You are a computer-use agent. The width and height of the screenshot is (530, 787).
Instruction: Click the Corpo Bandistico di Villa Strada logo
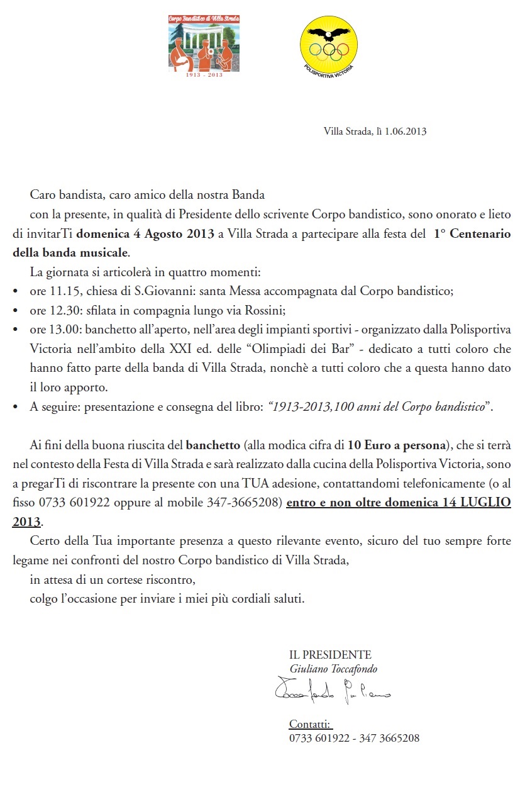coord(204,43)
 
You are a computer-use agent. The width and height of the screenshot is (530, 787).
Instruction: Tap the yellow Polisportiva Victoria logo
coord(328,44)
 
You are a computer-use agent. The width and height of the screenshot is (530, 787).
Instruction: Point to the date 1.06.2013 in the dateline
coord(405,131)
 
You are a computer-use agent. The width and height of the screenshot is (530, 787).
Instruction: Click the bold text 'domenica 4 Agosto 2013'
coord(145,234)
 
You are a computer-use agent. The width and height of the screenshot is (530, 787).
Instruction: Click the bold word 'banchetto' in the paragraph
coord(213,445)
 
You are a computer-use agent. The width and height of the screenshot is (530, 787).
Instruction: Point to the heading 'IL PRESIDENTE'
coord(330,655)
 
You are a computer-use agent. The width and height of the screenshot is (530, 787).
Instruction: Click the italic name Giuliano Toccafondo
coord(333,669)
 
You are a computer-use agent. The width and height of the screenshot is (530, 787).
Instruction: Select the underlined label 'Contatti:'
coord(310,723)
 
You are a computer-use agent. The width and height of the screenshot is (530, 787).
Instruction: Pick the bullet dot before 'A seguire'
coord(16,407)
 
